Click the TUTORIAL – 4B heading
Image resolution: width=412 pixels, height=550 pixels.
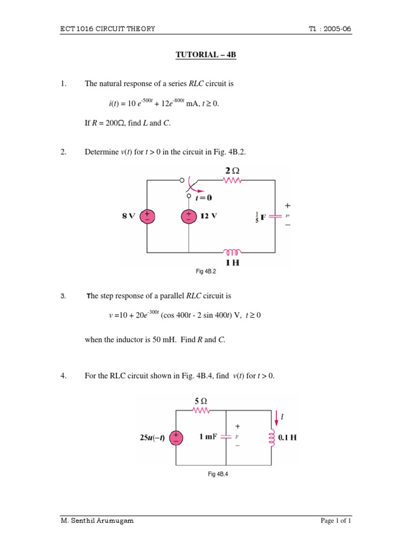[x=207, y=55]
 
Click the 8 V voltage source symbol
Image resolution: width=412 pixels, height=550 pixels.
[x=146, y=216]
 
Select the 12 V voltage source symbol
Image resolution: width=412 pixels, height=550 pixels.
[x=189, y=216]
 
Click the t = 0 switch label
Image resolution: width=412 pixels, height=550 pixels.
[x=203, y=198]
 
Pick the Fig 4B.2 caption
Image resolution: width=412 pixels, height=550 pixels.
[x=205, y=272]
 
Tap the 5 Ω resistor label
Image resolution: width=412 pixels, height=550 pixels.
[x=200, y=401]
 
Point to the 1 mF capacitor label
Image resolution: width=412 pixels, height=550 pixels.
[x=208, y=437]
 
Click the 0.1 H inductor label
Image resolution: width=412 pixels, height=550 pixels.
[x=288, y=438]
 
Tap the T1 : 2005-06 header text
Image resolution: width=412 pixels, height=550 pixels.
[x=330, y=29]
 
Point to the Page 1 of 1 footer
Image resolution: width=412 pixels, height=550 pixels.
[x=336, y=520]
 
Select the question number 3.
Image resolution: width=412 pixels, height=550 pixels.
[x=63, y=296]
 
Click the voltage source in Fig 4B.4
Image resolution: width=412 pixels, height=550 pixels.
[x=175, y=438]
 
